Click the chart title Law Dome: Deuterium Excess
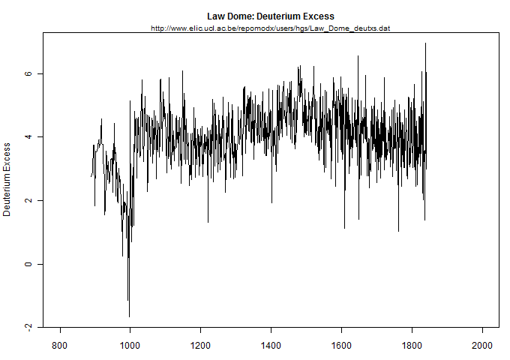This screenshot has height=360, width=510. click(x=270, y=16)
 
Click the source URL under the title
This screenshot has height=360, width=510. click(x=270, y=28)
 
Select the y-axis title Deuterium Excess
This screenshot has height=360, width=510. click(x=7, y=180)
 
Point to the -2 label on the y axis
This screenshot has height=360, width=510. click(x=28, y=327)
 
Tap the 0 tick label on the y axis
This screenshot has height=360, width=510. click(x=28, y=264)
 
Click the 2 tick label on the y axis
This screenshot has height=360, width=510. click(x=28, y=201)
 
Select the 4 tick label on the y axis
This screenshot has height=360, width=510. click(x=28, y=137)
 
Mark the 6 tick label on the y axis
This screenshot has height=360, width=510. click(x=28, y=74)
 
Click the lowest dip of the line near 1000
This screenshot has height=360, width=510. click(x=129, y=316)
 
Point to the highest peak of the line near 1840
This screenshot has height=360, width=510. click(x=425, y=43)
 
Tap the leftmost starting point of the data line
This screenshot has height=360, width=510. click(x=91, y=176)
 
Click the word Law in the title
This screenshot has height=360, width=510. click(x=216, y=16)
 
